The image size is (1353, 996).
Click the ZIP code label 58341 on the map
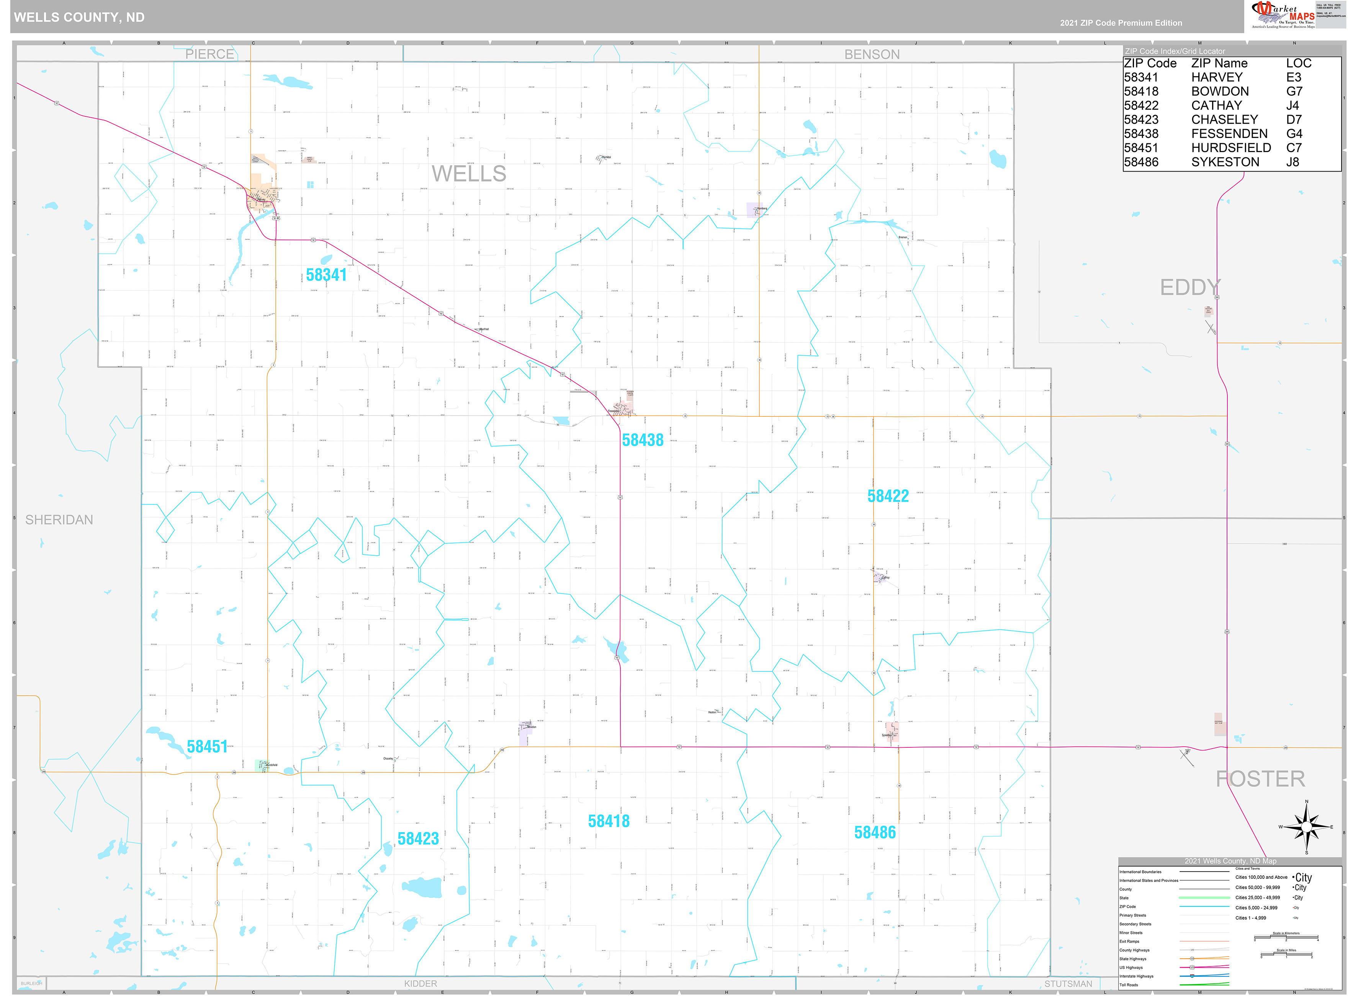[326, 275]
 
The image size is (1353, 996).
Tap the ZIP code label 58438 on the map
[643, 440]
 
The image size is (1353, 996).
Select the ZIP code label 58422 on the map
[888, 496]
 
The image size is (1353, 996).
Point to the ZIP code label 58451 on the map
[207, 746]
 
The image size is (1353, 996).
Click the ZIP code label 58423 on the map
[418, 839]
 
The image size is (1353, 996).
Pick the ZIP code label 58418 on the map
[609, 821]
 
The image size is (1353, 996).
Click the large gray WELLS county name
[468, 174]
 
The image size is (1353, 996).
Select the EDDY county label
[1190, 288]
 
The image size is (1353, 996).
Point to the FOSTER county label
[1260, 779]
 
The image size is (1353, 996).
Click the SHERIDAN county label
[59, 520]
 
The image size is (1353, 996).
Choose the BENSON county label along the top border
[872, 54]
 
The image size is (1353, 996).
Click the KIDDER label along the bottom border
[420, 983]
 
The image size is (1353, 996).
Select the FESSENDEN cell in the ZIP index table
[1229, 134]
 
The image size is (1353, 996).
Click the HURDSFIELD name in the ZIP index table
[1231, 148]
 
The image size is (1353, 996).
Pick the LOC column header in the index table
[1298, 63]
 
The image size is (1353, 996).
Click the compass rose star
[1306, 827]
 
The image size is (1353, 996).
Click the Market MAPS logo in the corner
[1283, 15]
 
